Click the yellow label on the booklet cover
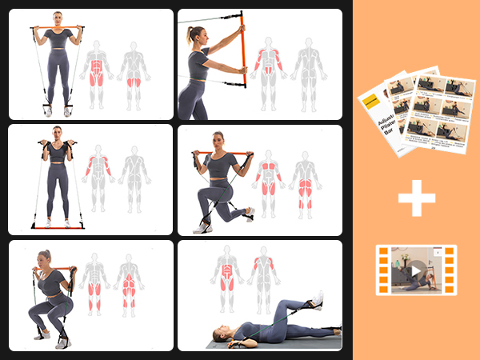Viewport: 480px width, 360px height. [370, 102]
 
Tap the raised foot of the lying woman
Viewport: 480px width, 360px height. [318, 298]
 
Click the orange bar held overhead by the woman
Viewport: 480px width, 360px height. [57, 27]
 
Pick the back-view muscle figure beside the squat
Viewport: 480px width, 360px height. [128, 284]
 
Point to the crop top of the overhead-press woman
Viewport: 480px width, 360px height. [57, 38]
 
